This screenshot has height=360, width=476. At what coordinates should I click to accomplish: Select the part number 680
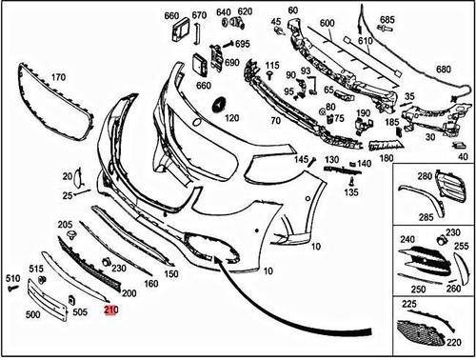click(444, 70)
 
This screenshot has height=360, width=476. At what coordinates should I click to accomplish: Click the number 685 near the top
click(387, 19)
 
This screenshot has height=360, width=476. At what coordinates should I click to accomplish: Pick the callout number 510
click(12, 277)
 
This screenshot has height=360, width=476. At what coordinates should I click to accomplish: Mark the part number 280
click(424, 175)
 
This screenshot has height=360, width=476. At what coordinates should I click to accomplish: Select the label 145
click(302, 160)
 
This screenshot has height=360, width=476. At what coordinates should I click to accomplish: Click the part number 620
click(246, 11)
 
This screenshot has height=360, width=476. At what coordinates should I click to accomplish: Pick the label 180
click(385, 157)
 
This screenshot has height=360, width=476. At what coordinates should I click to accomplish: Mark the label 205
click(65, 224)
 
